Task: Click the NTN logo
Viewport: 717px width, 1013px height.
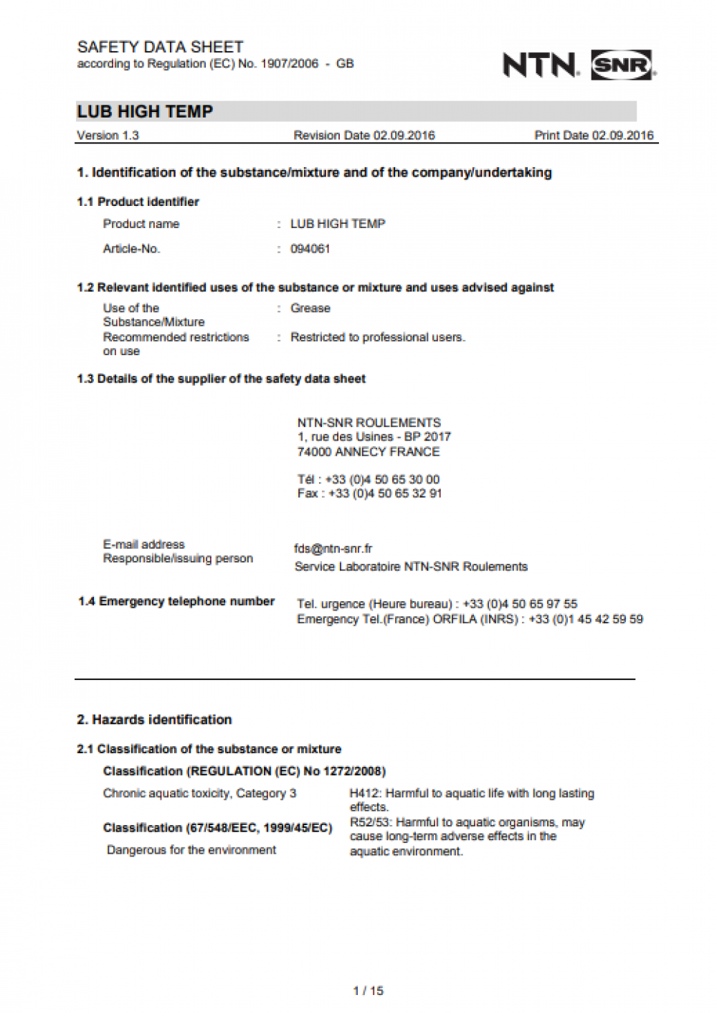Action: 540,65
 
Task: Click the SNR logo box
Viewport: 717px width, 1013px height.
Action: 622,65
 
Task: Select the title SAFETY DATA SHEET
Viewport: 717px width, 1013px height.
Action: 160,47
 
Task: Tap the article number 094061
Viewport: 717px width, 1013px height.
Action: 310,249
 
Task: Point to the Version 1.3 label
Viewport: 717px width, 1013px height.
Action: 108,136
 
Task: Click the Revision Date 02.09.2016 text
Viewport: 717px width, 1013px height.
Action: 364,136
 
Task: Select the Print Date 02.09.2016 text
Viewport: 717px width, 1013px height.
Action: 594,136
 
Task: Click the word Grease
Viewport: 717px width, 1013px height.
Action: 310,308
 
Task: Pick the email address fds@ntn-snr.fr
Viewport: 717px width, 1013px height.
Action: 333,549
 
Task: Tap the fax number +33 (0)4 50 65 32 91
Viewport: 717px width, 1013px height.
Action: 385,494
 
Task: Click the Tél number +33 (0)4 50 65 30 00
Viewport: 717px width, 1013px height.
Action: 382,479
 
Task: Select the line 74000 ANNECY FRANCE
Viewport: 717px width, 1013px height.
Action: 368,452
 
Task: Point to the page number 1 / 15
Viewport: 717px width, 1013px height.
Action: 368,991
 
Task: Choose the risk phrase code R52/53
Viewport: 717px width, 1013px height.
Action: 370,822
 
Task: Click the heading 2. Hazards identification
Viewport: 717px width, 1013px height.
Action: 154,720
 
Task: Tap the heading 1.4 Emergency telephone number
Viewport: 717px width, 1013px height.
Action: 176,601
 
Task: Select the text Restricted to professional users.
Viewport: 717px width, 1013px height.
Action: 377,337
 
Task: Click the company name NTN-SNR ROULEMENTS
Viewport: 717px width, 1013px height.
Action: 369,423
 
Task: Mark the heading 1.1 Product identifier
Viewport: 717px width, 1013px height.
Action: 138,202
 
